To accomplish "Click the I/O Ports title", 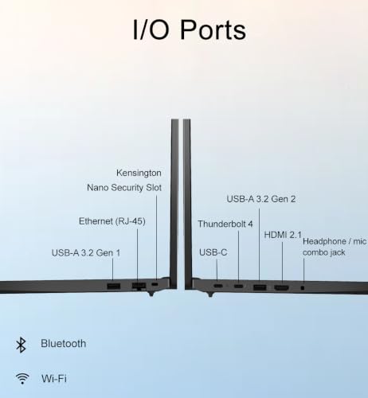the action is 190,29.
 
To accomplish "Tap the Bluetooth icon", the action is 21,345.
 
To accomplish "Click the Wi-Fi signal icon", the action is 22,378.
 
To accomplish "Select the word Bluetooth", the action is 64,344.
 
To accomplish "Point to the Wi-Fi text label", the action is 54,378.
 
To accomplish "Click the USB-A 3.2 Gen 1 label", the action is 86,252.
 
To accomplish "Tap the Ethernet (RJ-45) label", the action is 112,221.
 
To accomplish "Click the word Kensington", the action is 139,173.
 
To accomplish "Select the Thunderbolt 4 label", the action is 225,224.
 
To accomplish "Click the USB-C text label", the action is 213,252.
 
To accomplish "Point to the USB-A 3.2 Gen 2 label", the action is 261,199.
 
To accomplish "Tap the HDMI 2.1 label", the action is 283,235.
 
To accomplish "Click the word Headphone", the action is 324,241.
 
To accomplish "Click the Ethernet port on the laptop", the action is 139,286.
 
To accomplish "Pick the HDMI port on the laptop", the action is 282,287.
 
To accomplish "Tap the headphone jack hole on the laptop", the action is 303,287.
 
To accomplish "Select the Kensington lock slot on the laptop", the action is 155,284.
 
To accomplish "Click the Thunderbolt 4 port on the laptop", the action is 238,286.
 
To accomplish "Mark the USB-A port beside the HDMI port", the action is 260,287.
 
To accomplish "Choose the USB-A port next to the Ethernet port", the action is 114,286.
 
